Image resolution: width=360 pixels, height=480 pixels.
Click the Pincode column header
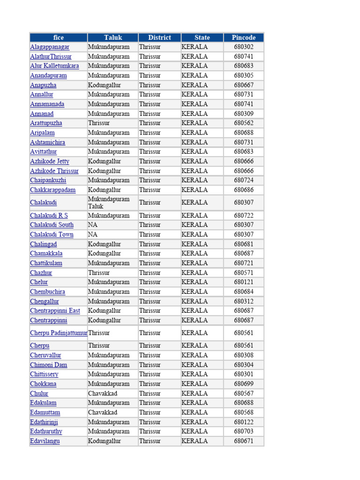click(x=243, y=37)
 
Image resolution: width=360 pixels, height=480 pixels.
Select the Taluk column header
click(x=113, y=37)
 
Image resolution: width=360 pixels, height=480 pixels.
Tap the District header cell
click(x=159, y=37)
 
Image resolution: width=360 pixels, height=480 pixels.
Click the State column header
click(x=202, y=37)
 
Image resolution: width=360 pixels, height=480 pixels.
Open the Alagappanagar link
click(x=50, y=47)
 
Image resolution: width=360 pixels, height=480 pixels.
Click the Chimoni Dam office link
click(x=49, y=365)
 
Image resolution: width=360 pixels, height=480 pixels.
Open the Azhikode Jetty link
click(x=50, y=161)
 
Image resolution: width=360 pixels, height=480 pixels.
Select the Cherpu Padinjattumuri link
click(x=59, y=333)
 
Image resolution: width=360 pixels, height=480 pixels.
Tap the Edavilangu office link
click(x=45, y=441)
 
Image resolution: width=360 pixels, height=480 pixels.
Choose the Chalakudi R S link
click(x=49, y=216)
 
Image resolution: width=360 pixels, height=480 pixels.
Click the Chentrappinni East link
click(x=55, y=311)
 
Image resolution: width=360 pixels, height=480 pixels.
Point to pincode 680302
click(x=244, y=47)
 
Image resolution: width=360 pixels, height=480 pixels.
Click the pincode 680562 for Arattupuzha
click(x=244, y=123)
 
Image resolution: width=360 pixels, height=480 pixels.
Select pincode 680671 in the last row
click(x=244, y=441)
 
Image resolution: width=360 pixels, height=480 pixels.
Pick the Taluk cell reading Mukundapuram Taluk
click(x=109, y=202)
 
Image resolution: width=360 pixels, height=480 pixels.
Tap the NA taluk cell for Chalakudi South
click(x=93, y=225)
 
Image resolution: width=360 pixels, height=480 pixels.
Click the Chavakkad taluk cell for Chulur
click(x=103, y=393)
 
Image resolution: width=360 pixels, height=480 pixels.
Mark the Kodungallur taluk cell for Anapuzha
click(x=105, y=85)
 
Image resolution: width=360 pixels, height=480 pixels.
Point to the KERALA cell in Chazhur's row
click(x=195, y=273)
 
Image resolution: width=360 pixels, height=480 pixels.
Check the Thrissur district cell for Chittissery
click(x=150, y=374)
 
